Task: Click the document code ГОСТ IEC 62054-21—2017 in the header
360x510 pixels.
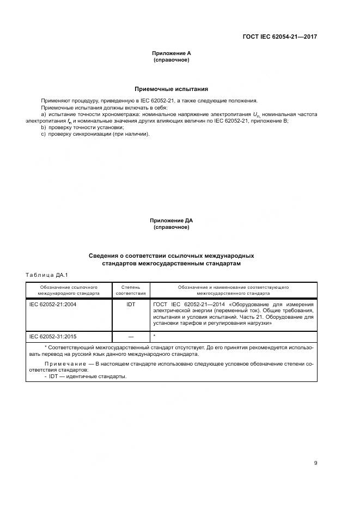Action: click(279, 37)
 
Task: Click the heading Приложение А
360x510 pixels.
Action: click(171, 53)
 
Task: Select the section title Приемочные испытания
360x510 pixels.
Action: click(171, 89)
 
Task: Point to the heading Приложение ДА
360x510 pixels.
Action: click(171, 221)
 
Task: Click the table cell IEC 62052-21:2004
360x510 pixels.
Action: click(53, 304)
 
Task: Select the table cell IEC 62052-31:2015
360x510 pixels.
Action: click(53, 336)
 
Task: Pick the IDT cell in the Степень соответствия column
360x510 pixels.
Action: click(131, 304)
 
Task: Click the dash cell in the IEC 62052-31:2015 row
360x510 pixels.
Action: click(131, 336)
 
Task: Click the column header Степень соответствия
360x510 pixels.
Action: click(131, 290)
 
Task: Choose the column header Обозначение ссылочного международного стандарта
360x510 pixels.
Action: click(69, 290)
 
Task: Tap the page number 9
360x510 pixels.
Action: click(315, 463)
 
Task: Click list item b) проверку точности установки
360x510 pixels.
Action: click(83, 127)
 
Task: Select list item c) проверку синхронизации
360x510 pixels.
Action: click(95, 133)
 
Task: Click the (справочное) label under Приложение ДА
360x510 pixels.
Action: click(171, 227)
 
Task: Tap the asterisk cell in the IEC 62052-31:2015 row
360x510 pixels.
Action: click(155, 336)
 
